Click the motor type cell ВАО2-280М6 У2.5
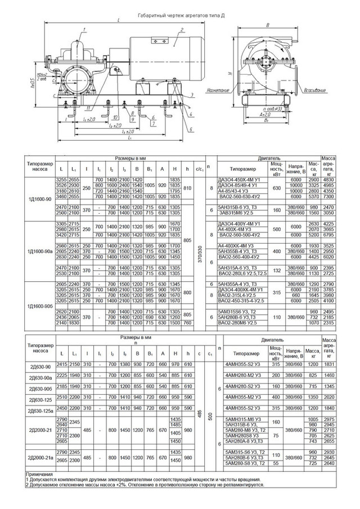tap(242, 323)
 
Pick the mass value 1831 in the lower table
tap(329, 364)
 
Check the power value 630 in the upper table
tap(276, 188)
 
